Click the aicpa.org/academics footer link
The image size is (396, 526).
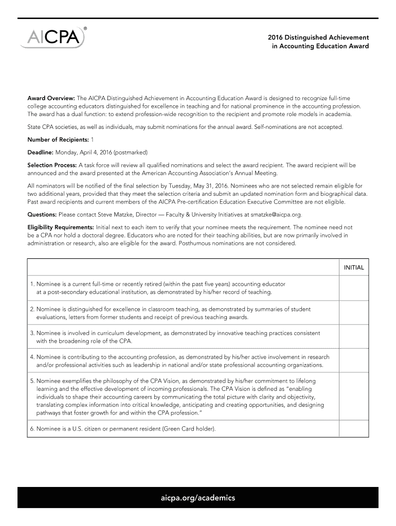click(198, 498)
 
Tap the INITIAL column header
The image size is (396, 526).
click(353, 268)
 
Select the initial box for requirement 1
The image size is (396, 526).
click(353, 288)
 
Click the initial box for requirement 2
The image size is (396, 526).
click(353, 313)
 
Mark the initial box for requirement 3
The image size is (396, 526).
click(353, 337)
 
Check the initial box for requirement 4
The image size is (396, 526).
click(353, 361)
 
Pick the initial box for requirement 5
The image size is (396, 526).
click(353, 397)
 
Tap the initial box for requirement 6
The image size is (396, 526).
click(353, 428)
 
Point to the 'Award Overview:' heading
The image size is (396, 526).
click(51, 98)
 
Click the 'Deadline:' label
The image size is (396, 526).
click(40, 153)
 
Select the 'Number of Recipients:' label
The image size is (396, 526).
click(58, 140)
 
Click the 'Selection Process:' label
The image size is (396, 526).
click(51, 165)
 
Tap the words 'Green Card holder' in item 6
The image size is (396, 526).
click(187, 428)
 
